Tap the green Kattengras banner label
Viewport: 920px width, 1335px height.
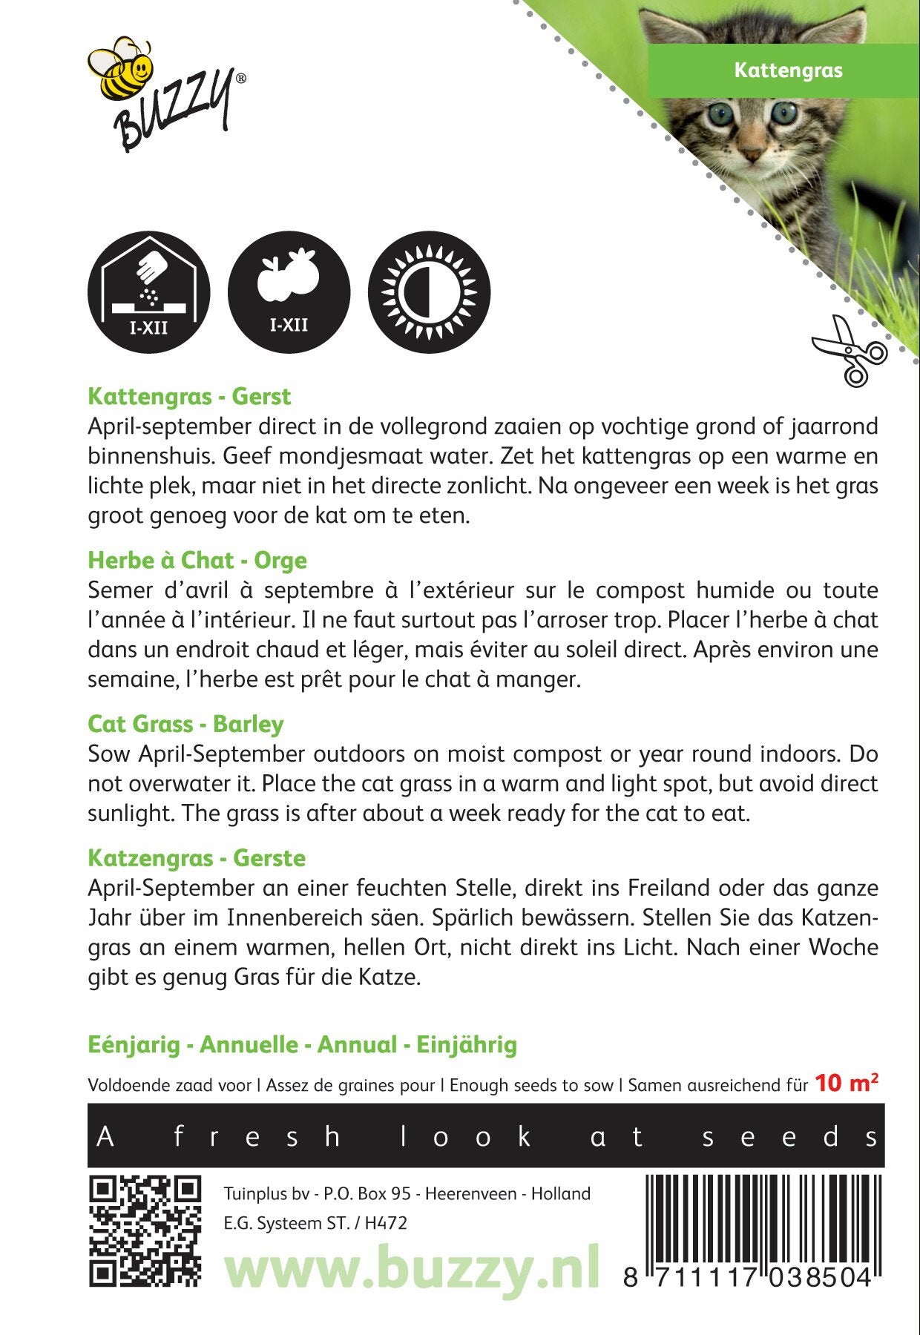[788, 70]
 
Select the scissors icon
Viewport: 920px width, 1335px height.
[850, 350]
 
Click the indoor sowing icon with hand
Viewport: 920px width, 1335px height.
[148, 291]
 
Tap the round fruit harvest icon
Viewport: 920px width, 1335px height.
[289, 291]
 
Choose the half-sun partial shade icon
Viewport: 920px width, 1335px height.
[429, 291]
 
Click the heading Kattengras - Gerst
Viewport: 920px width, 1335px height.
[189, 396]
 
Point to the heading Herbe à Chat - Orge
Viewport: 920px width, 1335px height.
[197, 560]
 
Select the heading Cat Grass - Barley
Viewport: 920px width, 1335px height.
[185, 724]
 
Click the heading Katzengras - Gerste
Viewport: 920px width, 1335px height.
[197, 858]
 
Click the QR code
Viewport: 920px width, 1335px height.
[145, 1230]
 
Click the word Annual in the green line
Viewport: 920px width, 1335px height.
[357, 1045]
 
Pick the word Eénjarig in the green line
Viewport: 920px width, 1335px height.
[134, 1045]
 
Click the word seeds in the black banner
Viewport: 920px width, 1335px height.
[790, 1136]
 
